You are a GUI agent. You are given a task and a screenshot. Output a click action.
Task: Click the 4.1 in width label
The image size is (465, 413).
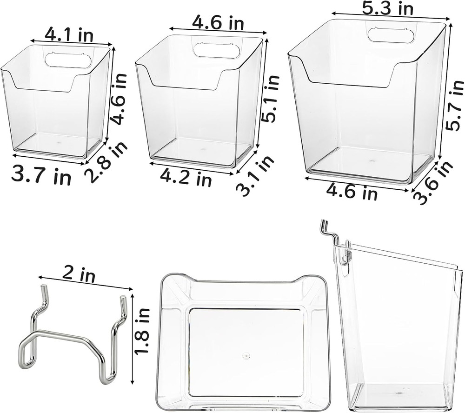click(69, 34)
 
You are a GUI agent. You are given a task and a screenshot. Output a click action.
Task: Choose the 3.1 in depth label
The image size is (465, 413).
click(255, 175)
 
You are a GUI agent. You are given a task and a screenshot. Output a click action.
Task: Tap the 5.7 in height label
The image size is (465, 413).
click(454, 104)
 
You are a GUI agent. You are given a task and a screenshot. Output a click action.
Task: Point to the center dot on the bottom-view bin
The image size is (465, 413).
click(246, 356)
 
